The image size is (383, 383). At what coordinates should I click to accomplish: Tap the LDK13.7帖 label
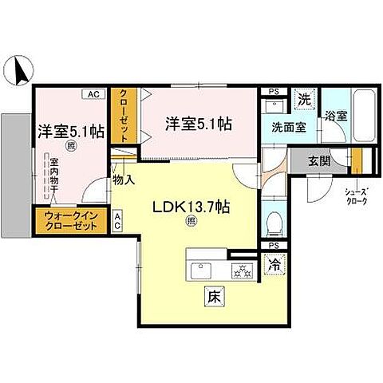coord(191,207)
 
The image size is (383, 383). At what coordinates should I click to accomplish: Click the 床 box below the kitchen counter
coord(213,297)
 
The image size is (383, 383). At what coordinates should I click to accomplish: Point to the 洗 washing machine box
coord(303,100)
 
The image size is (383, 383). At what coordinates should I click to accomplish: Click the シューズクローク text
coord(357,196)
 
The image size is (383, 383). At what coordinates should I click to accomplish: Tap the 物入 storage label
coord(123,180)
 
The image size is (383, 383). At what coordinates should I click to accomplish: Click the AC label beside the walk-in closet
coord(117,219)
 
